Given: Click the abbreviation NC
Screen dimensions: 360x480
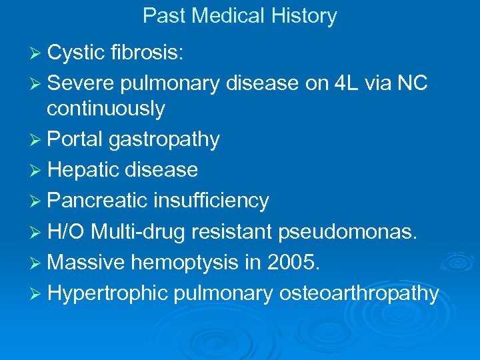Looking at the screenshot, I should click(x=413, y=83).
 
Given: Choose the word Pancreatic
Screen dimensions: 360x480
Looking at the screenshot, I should click(x=98, y=201).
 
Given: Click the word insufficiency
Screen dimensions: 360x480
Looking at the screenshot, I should click(x=211, y=201).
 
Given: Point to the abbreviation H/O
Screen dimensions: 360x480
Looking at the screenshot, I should click(x=67, y=231).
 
